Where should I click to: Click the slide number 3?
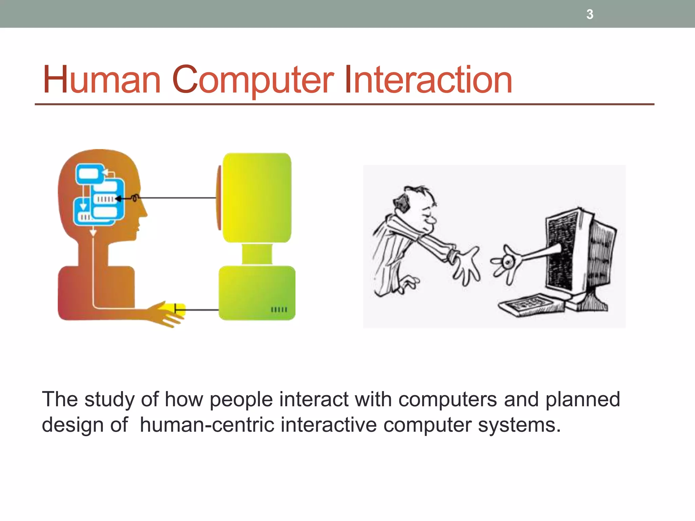pos(590,14)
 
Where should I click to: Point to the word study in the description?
pos(109,400)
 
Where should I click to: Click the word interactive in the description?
pos(328,425)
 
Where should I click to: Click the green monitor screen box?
pos(257,197)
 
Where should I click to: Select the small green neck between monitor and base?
pos(257,254)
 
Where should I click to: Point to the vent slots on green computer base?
pos(279,309)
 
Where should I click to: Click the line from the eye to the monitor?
pos(176,197)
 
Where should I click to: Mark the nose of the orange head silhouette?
pos(144,212)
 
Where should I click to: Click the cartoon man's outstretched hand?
pos(467,265)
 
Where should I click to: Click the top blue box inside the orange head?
pos(89,174)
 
